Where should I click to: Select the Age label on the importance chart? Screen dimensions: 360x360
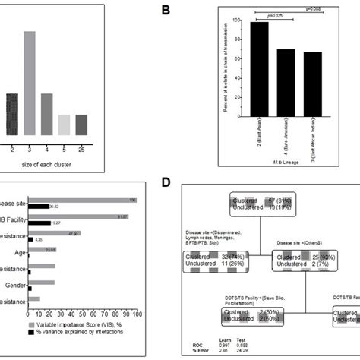[20, 250]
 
